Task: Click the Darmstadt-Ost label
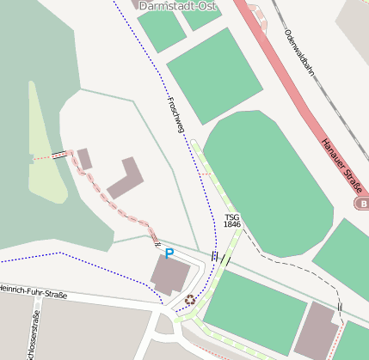pyautogui.click(x=177, y=6)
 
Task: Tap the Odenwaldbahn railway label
pyautogui.click(x=298, y=52)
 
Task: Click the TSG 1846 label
pyautogui.click(x=232, y=221)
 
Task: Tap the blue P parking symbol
pyautogui.click(x=169, y=253)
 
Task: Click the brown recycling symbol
pyautogui.click(x=189, y=300)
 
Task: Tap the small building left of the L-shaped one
pyautogui.click(x=84, y=159)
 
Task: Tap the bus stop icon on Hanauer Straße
pyautogui.click(x=363, y=204)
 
